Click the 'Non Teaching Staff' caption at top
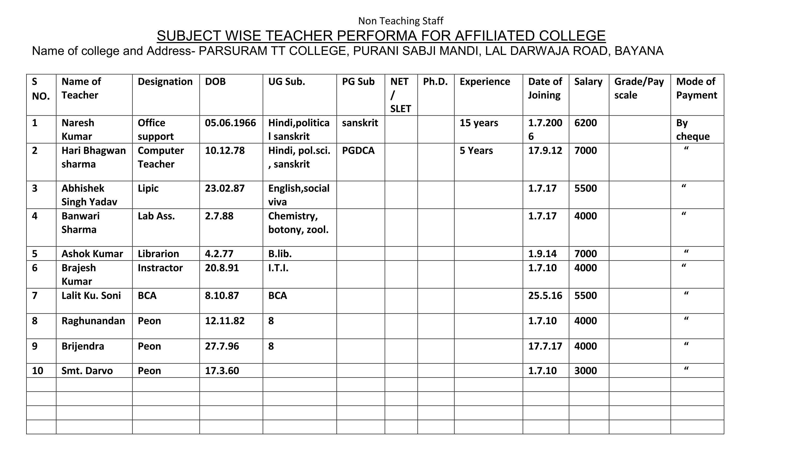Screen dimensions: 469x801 [x=400, y=21]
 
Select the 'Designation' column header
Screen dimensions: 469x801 [x=165, y=82]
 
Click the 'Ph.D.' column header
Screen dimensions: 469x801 [x=435, y=82]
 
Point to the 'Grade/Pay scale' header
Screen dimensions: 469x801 [x=639, y=88]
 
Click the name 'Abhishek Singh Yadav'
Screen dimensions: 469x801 [x=89, y=195]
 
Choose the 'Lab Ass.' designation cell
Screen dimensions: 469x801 [x=156, y=216]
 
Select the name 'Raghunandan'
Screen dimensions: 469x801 [x=93, y=321]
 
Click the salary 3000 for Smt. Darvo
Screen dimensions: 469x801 [x=585, y=371]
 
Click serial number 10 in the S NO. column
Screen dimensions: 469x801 [x=38, y=371]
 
